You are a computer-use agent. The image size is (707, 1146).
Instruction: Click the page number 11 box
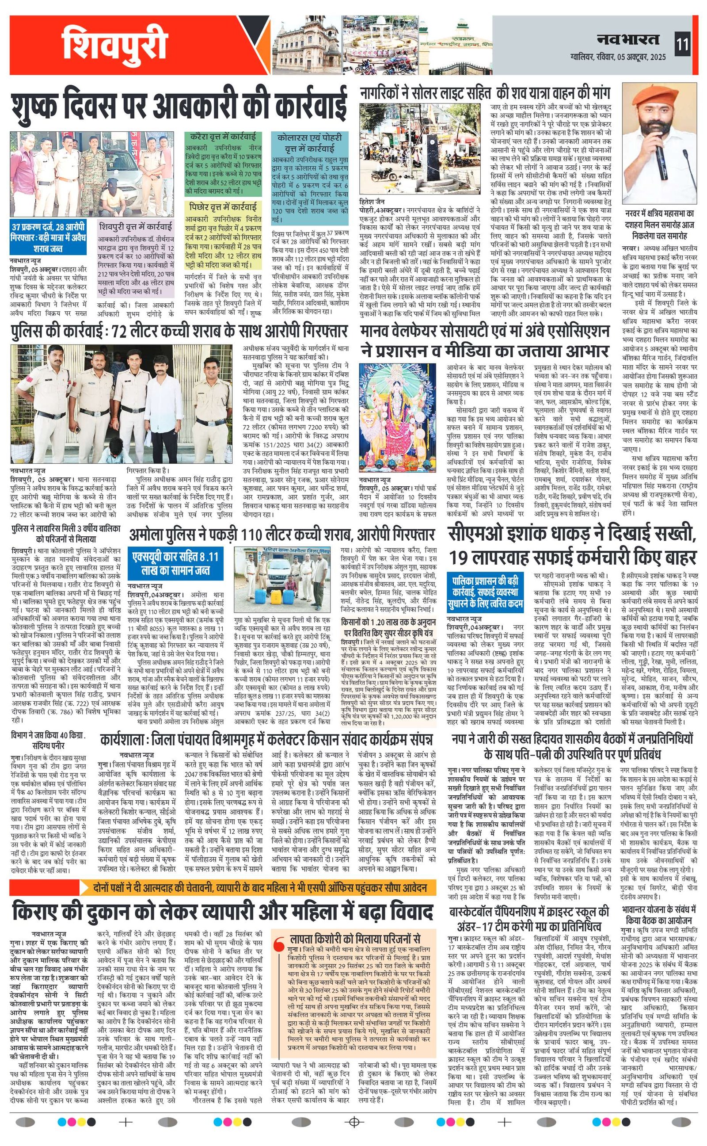(x=682, y=46)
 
